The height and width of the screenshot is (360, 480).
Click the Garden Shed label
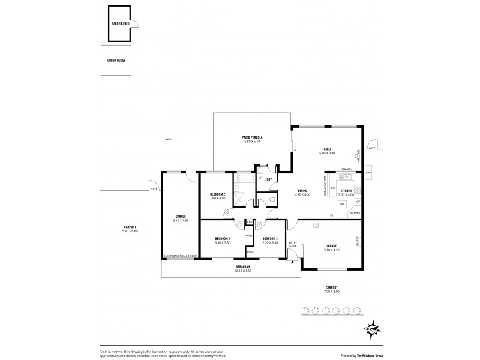coord(121,23)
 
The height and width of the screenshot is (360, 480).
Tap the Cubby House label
coord(117,61)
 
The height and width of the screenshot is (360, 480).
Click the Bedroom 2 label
coord(217,194)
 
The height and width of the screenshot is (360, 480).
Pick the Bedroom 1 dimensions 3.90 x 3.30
coord(222,242)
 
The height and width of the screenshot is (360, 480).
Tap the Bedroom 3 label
coord(270,238)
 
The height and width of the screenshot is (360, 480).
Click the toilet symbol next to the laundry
coord(273,200)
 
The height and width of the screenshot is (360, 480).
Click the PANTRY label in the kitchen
coord(355,213)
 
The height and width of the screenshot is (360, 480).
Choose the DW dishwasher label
coord(332,188)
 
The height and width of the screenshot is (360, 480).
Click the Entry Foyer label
coord(292,245)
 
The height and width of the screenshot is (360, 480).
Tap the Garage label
coord(180,216)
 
